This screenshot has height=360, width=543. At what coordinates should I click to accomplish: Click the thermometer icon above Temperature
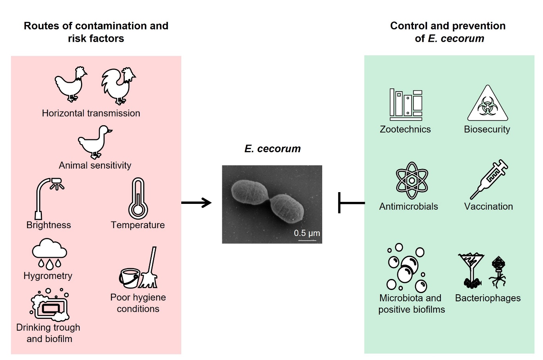[138, 198]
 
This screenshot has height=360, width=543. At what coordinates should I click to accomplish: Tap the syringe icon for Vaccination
[489, 179]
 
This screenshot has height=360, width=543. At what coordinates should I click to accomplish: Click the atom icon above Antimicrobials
[412, 181]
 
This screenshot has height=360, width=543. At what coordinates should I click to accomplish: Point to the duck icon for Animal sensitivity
[95, 142]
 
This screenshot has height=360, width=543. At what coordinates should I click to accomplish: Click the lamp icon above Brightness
[49, 198]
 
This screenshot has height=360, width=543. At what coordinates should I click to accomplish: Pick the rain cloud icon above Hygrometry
[49, 254]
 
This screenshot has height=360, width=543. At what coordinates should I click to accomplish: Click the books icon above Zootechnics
[406, 105]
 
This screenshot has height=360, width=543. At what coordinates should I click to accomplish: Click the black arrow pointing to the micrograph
[196, 203]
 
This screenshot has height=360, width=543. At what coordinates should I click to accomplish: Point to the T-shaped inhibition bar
[350, 203]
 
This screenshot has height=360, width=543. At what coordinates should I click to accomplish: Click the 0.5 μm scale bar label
[307, 233]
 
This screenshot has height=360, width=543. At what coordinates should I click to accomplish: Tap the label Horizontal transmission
[91, 113]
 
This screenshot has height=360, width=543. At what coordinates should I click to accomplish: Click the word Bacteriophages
[488, 298]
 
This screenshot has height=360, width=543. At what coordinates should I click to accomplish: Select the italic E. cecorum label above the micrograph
[272, 149]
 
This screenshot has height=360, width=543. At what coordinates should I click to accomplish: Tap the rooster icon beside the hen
[119, 86]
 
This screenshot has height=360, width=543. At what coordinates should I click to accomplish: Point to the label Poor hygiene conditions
[138, 303]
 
